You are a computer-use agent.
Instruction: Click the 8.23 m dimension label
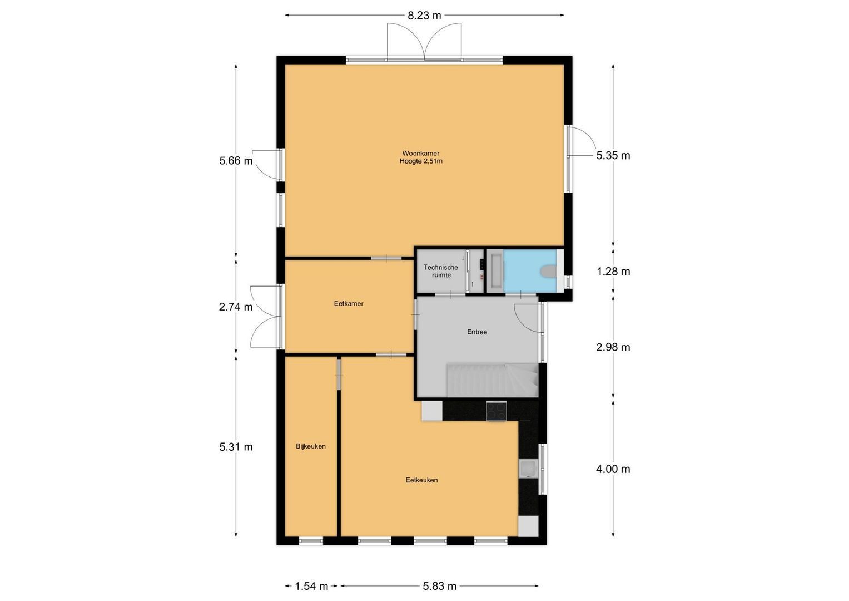coord(424,16)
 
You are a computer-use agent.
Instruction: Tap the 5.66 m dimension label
coord(236,161)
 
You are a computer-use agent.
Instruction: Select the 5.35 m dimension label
coord(613,156)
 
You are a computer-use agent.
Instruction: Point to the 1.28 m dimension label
coord(613,272)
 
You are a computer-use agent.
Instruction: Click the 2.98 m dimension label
coord(613,347)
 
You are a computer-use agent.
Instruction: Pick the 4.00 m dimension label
coord(613,469)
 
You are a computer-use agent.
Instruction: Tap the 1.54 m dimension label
coord(311,586)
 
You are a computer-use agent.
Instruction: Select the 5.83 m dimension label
coord(439,586)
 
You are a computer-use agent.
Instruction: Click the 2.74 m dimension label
coord(236,307)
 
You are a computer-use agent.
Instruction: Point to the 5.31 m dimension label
coord(236,447)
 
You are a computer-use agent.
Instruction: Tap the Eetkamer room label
coord(349,304)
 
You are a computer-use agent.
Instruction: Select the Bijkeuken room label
coord(311,446)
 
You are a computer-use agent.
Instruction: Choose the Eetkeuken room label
coord(421,480)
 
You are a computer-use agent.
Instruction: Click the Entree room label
coord(477,332)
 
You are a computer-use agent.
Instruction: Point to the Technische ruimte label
coord(441,271)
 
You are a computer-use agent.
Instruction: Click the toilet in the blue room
coord(548,271)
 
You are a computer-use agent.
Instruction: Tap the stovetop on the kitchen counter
coord(497,411)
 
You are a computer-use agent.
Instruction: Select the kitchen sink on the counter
coord(527,469)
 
